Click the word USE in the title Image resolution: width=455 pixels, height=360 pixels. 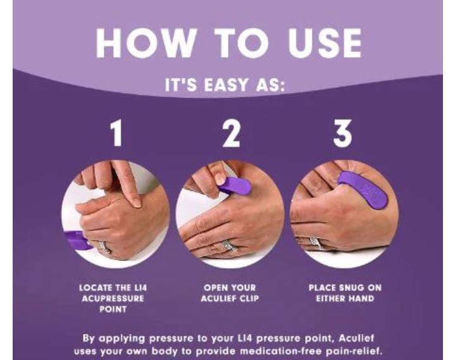325,43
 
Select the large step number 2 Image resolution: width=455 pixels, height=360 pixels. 231,133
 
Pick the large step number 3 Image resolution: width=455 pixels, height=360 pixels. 342,133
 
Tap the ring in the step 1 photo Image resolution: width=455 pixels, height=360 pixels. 104,247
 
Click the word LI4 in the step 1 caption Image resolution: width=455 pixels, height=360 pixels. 141,288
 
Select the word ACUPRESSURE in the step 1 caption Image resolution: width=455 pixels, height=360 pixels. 113,299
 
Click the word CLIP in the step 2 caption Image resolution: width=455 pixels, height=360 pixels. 249,299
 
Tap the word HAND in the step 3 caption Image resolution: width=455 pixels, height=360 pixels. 360,299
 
